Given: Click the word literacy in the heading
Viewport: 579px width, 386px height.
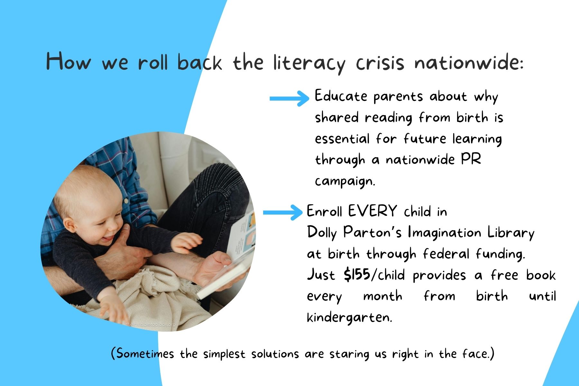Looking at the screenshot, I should pyautogui.click(x=309, y=62).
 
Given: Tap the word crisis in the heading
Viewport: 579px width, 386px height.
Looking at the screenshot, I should pyautogui.click(x=380, y=62).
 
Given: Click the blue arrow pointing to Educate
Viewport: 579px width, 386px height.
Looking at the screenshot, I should pyautogui.click(x=289, y=98).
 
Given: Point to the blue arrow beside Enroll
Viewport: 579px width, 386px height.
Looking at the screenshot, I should pyautogui.click(x=283, y=212).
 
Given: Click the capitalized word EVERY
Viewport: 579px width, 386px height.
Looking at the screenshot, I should pyautogui.click(x=372, y=211).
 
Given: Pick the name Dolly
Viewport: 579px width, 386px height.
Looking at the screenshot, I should pyautogui.click(x=322, y=233).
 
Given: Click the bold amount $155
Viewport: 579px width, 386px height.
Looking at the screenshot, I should pyautogui.click(x=357, y=275).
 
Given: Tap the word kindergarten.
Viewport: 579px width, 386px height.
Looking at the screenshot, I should pyautogui.click(x=349, y=317).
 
